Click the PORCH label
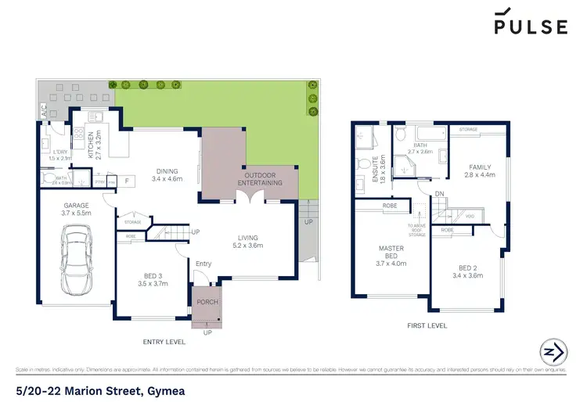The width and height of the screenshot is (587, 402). pos(207,302)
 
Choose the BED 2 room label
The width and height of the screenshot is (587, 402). pos(470,271)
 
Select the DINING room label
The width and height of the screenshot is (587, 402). pos(166,175)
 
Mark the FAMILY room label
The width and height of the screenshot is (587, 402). pos(480,171)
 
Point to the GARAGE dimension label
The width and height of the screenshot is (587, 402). pos(77,209)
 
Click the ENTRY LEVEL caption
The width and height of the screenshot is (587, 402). pos(164,342)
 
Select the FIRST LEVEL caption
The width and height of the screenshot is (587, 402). pos(427,325)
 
